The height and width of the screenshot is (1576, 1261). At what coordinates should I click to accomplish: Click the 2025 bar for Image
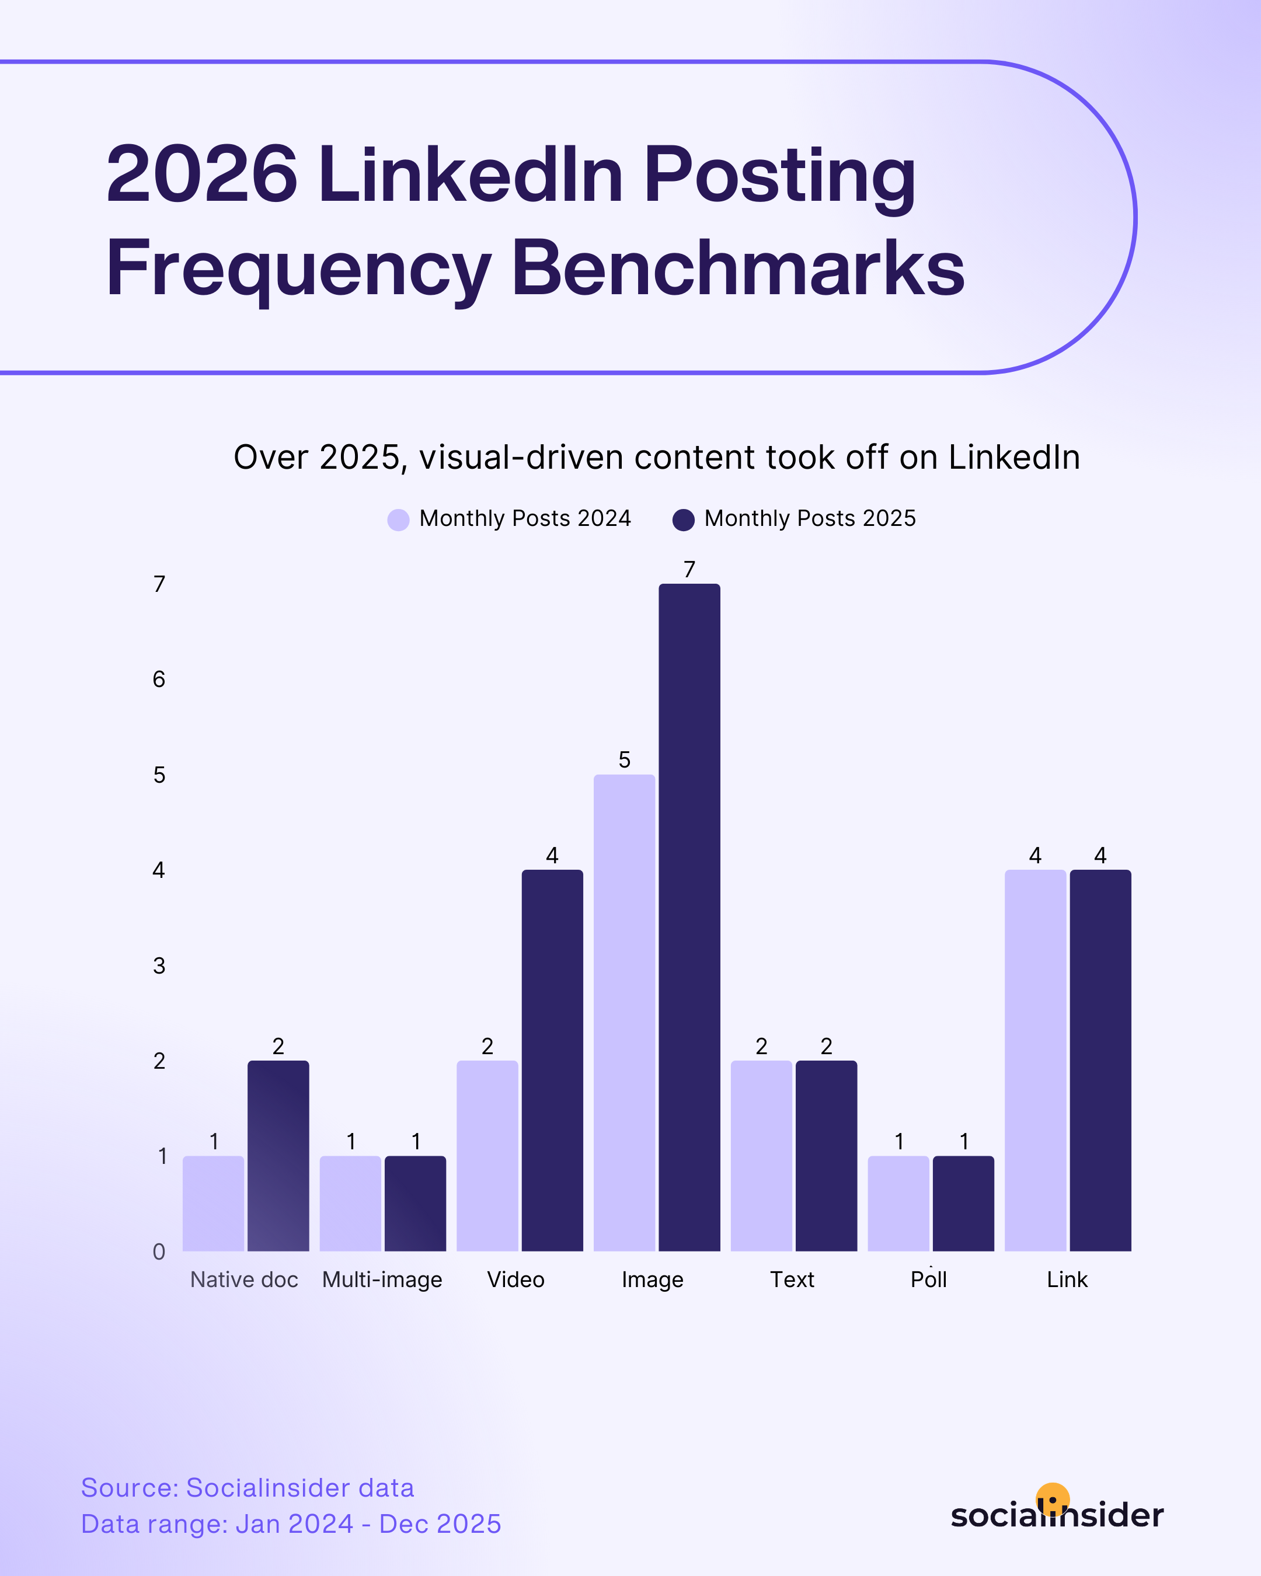[689, 918]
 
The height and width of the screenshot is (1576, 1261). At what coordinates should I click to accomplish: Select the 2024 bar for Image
[624, 1012]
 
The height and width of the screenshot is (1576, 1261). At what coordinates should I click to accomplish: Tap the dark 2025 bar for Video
[552, 1060]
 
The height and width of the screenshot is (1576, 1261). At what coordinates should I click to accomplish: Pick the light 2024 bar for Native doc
[214, 1203]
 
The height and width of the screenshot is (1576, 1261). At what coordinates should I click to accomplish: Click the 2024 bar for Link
[1035, 1060]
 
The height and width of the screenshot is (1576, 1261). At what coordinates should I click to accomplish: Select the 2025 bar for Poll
[963, 1203]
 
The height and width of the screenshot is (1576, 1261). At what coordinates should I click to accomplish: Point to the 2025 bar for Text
[826, 1156]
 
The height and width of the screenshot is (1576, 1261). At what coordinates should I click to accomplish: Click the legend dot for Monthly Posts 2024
[398, 519]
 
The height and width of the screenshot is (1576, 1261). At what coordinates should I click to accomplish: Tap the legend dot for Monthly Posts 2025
[684, 519]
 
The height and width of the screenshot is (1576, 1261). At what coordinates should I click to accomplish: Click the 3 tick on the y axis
[159, 965]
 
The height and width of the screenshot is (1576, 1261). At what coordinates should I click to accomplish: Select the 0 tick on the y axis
[159, 1251]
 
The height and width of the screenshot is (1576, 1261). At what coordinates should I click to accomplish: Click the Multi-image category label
[382, 1280]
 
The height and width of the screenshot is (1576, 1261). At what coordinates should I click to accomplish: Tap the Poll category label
[928, 1280]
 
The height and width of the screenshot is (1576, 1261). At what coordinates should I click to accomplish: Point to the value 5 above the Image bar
[624, 760]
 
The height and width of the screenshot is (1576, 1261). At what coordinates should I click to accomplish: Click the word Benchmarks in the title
[739, 269]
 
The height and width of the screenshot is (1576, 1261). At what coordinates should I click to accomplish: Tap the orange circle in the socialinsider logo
[1053, 1498]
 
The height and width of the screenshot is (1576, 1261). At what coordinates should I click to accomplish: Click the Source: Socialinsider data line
[247, 1487]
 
